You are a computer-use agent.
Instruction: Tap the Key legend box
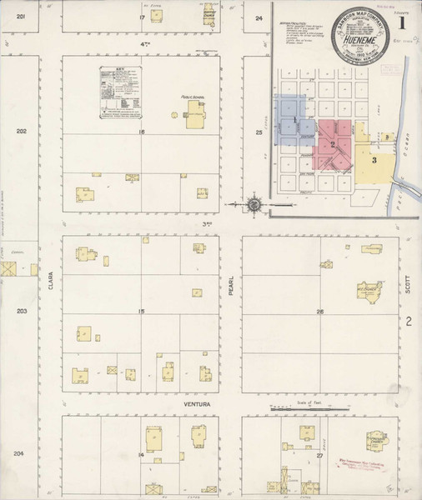[x=116, y=92]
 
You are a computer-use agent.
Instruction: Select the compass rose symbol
[x=255, y=203]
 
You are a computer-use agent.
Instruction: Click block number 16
[x=142, y=132]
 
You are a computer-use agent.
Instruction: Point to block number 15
[x=142, y=312]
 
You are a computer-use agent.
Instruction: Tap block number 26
[x=319, y=312]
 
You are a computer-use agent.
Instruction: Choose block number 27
[x=319, y=457]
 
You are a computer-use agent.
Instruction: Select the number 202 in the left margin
[x=22, y=131]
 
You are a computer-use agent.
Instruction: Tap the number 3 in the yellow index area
[x=374, y=159]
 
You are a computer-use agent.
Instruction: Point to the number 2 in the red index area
[x=332, y=144]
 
